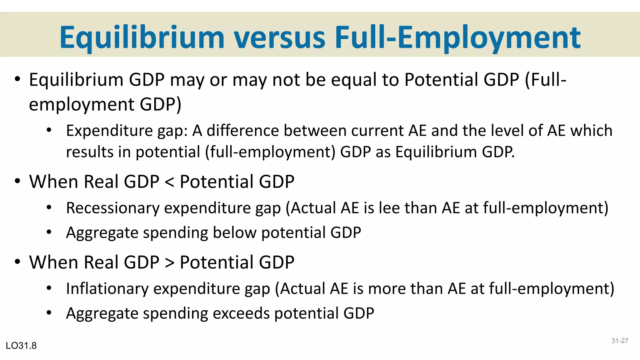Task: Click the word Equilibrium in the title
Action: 142,37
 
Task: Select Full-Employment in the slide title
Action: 457,37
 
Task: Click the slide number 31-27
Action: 620,341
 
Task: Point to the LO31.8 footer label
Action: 21,346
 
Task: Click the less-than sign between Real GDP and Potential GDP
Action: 169,182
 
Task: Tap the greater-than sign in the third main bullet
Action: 169,262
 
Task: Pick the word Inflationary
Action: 107,289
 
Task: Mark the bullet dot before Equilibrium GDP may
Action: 17,79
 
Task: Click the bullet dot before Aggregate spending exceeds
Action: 49,313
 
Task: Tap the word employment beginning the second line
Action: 82,105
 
